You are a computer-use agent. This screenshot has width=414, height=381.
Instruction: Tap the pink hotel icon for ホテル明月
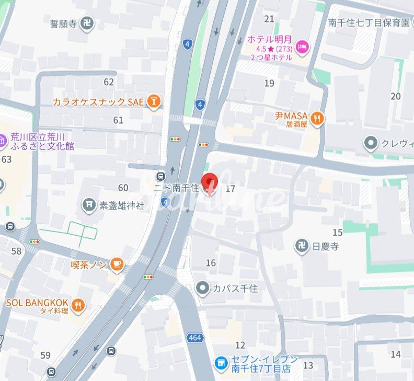pos(302,48)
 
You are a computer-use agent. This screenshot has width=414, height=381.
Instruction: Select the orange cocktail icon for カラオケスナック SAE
pos(153,101)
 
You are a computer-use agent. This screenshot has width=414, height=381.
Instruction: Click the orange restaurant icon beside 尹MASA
pos(317,119)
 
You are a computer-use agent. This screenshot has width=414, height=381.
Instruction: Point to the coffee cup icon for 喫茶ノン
pos(117,265)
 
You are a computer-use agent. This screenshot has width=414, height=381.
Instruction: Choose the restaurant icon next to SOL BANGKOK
pos(78,305)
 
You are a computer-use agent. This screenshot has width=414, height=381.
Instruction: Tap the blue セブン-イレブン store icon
pos(221,362)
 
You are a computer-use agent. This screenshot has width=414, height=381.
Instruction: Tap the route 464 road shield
pos(194,338)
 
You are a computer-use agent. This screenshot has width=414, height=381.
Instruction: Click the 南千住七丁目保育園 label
pos(369,22)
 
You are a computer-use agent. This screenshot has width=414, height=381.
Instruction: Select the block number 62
pos(109,82)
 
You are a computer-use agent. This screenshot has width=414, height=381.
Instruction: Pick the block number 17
pos(230,189)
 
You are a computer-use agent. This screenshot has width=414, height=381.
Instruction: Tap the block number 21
pos(269,19)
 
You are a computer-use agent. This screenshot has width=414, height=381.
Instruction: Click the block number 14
pos(395,354)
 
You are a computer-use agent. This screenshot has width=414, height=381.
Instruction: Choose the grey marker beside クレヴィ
pos(371,143)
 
